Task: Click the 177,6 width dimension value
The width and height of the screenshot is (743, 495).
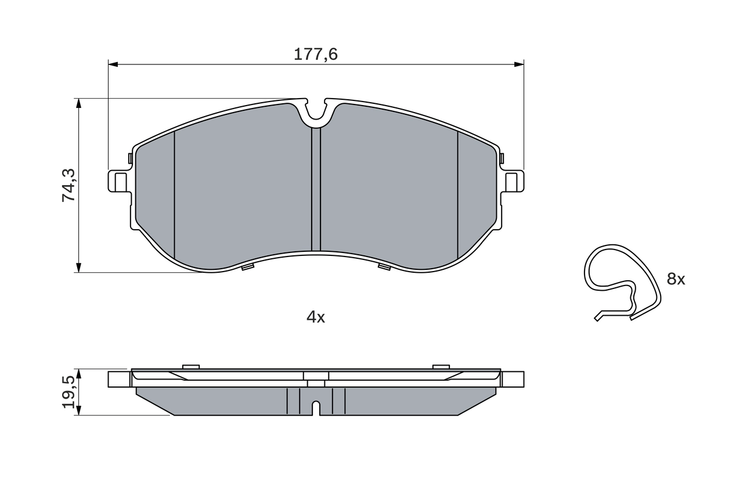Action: coord(315,55)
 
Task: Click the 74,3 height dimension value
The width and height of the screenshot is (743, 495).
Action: coord(69,185)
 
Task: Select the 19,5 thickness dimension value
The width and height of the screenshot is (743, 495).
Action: coord(69,392)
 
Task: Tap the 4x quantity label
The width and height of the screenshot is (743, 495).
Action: coord(316,317)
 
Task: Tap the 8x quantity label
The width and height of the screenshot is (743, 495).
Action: coord(676,279)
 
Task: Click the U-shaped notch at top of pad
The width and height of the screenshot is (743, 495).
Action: coord(316,113)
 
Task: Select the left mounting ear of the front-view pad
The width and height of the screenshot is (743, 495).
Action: coord(118,181)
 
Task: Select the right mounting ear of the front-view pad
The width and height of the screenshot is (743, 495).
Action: coord(513,181)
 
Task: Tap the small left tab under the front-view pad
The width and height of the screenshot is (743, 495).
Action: coord(247,267)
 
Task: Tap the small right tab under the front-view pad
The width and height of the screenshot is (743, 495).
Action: coord(384,266)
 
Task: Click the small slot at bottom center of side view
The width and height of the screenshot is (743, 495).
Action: coord(316,407)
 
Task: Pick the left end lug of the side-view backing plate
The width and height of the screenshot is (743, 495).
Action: coord(118,379)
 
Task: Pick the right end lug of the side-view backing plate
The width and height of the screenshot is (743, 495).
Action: coord(513,379)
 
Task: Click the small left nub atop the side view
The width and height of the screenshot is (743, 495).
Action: coord(190,366)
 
